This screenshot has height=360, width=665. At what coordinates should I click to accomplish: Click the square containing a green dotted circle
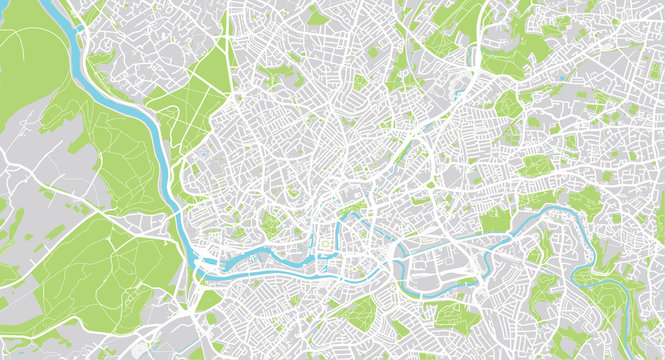click(325, 243)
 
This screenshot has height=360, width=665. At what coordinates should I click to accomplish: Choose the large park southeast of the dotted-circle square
click(355, 315)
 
